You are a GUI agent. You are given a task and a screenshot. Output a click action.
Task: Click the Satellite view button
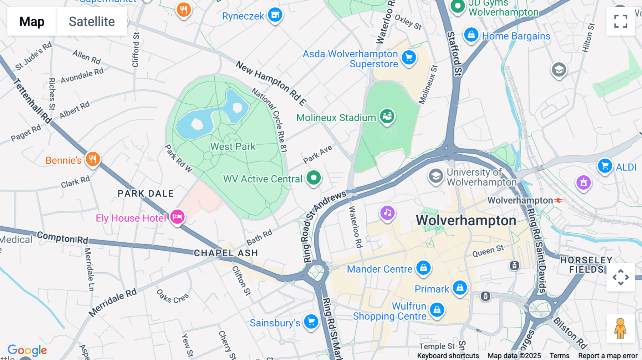92,21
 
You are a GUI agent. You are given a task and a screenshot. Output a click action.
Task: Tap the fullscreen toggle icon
621,21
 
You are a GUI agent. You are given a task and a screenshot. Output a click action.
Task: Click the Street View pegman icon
621,329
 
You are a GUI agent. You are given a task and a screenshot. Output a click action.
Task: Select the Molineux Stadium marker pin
387,116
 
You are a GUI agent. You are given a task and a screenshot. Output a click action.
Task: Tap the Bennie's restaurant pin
93,159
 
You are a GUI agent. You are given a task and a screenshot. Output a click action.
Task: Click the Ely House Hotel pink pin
177,216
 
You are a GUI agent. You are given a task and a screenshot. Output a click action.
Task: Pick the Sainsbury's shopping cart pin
311,322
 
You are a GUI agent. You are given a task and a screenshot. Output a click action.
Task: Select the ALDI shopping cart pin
605,166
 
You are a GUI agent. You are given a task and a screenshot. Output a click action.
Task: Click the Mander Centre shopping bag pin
423,267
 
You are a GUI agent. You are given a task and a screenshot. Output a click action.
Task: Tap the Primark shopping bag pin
460,287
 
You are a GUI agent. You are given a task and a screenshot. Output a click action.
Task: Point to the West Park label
233,146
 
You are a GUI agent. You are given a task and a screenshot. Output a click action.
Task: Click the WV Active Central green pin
314,178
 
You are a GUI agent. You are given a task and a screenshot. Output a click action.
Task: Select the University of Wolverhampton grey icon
436,176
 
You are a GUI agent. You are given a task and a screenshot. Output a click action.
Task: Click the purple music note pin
387,213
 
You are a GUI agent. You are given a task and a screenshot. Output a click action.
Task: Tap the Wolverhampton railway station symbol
559,200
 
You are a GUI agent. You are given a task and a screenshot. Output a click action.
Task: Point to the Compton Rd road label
62,237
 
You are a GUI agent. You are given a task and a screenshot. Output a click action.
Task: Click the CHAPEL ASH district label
226,253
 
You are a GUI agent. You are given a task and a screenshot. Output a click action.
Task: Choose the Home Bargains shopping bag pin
471,35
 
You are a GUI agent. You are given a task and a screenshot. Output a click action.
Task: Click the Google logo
27,350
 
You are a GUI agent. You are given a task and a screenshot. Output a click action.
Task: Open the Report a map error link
608,356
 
